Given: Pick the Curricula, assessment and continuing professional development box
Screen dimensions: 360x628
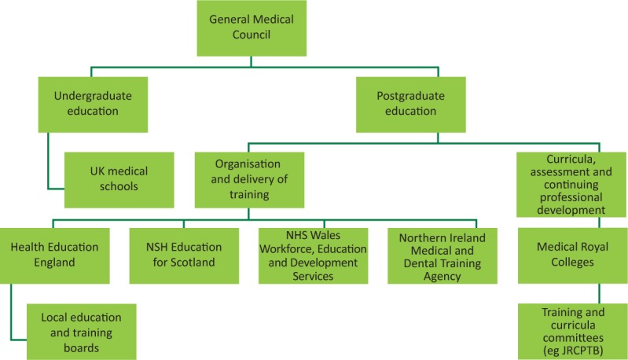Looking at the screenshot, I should (571, 185).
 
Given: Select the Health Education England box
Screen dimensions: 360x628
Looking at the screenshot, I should (55, 255).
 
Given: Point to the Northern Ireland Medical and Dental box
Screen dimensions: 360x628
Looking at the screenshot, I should (443, 255).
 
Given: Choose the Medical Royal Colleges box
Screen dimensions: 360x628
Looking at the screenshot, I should (571, 255).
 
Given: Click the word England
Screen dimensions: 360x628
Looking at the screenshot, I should (55, 263).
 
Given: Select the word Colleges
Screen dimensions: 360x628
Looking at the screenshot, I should (571, 263).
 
